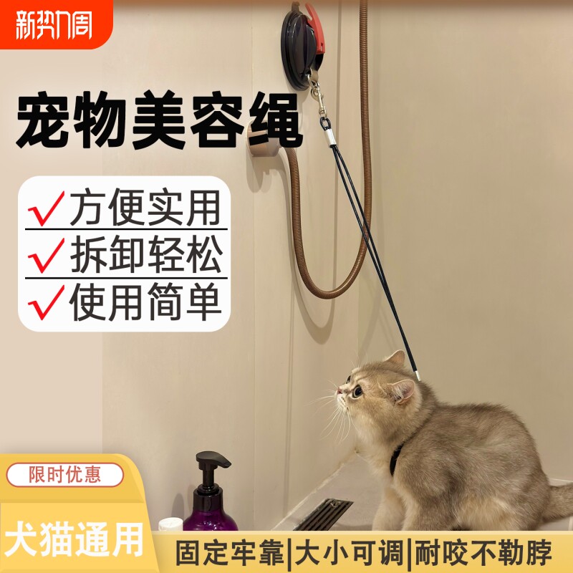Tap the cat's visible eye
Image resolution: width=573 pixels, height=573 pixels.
(357, 391)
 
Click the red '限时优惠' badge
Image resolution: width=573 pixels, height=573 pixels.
(65, 474)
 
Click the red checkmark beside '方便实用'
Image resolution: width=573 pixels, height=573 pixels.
(46, 208)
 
